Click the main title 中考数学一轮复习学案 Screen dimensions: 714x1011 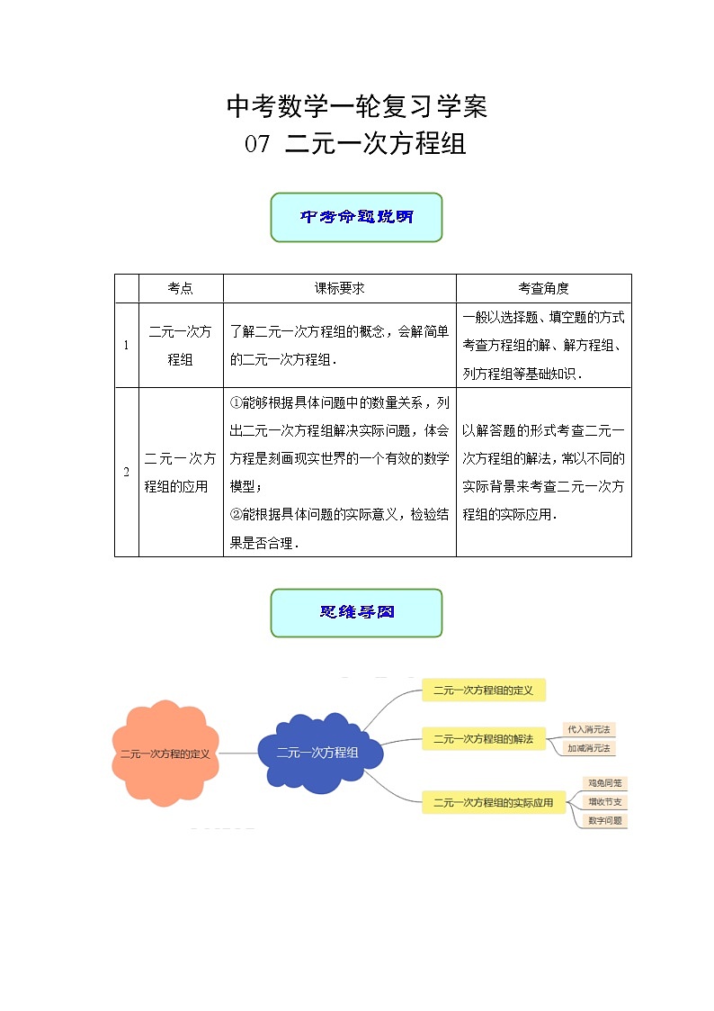click(x=357, y=107)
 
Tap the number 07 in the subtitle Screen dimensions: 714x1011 click(x=256, y=144)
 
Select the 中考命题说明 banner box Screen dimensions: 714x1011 click(x=356, y=217)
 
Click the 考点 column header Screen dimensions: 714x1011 click(x=180, y=288)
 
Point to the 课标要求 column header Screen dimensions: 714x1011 click(x=339, y=288)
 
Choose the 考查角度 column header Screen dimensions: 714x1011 click(x=543, y=288)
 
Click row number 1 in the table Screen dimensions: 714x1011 click(x=126, y=345)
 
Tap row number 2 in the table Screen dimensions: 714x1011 click(x=126, y=472)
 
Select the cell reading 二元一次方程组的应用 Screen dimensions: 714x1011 click(x=180, y=472)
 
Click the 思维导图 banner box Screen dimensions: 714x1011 click(x=356, y=613)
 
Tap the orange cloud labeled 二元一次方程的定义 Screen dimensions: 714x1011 click(x=165, y=754)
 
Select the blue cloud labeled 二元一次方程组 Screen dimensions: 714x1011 click(x=318, y=753)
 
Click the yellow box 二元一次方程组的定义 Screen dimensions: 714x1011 click(x=484, y=691)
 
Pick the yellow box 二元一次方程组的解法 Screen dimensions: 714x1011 click(x=484, y=739)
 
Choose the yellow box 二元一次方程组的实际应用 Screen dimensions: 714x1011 click(x=494, y=802)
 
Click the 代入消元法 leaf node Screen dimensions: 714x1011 click(x=588, y=730)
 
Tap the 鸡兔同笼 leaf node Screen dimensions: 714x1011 click(x=605, y=783)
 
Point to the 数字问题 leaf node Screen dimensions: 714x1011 click(x=605, y=821)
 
